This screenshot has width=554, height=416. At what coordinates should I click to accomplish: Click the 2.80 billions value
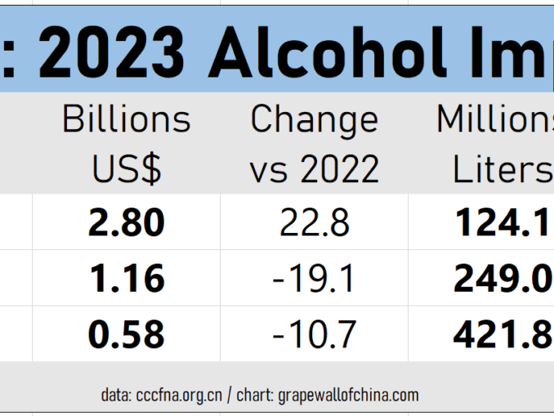[x=127, y=223]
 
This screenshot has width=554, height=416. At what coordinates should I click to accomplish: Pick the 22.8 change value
[x=315, y=223]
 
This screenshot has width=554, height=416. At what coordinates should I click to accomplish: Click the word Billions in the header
[x=127, y=120]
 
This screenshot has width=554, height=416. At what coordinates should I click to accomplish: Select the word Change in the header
[x=315, y=120]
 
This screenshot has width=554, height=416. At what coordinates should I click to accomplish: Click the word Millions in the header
[x=495, y=120]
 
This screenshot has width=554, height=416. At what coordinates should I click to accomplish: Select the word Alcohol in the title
[x=327, y=53]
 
